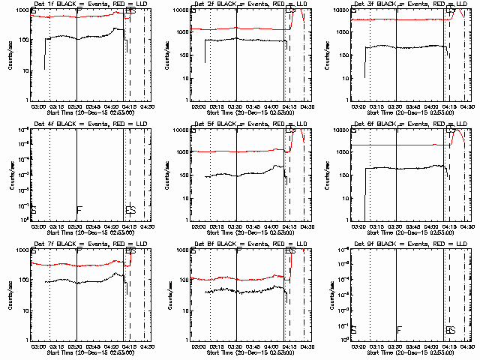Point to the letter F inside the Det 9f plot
(x=399, y=330)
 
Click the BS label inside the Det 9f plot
(x=450, y=330)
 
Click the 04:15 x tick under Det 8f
(x=288, y=346)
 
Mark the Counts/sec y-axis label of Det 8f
(x=168, y=294)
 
